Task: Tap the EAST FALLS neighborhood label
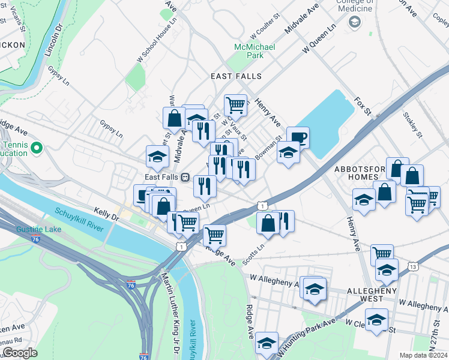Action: pyautogui.click(x=236, y=76)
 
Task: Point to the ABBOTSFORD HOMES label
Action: pyautogui.click(x=358, y=173)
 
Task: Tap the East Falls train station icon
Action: pyautogui.click(x=186, y=177)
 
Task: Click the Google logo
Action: pyautogui.click(x=20, y=353)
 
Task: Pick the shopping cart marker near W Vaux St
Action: pyautogui.click(x=235, y=105)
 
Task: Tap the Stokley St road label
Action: pyautogui.click(x=414, y=124)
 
